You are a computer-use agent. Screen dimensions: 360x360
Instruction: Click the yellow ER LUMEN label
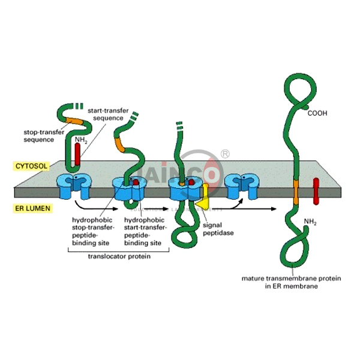[x=32, y=209]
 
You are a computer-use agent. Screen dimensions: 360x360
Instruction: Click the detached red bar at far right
[x=316, y=191]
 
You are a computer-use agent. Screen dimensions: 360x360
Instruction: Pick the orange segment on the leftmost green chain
[x=76, y=122]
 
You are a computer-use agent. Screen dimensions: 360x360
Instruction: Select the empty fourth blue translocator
[x=240, y=185]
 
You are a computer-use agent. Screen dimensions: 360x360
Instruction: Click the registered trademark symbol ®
[x=225, y=154]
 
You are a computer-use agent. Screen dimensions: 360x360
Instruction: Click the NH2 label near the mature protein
[x=310, y=223]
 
